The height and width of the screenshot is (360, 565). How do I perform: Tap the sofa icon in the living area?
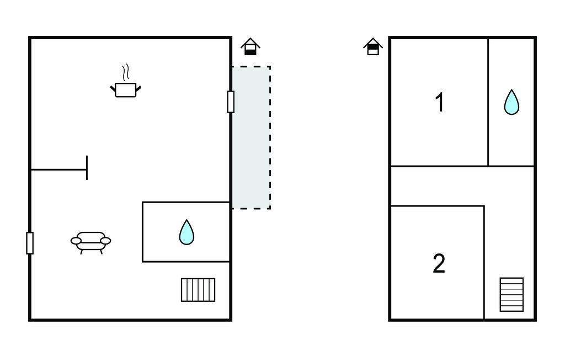coord(91,241)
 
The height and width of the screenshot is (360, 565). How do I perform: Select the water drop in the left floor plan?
coord(186,232)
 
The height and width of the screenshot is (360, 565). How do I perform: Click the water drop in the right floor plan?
coord(511,102)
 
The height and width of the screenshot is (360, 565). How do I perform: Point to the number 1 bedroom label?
coord(439,103)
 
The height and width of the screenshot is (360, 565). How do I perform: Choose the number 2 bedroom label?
coord(439,264)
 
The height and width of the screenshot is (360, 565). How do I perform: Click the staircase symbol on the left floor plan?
coord(198,290)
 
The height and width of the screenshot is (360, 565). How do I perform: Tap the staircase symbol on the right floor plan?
coord(511,294)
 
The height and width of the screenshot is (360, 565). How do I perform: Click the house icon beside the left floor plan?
coord(250,46)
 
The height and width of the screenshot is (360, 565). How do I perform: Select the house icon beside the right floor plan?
coord(373,46)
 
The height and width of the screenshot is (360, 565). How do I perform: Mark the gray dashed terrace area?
coord(251,138)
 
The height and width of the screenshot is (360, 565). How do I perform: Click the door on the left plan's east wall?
coord(231,102)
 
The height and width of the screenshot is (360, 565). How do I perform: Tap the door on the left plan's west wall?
coord(30,243)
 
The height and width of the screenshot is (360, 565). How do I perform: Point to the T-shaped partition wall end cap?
coord(87,168)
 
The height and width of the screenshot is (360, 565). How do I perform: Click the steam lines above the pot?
coord(126,72)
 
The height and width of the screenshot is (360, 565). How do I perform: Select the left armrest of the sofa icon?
coord(76,241)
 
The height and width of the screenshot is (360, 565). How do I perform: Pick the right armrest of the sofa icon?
coord(105,241)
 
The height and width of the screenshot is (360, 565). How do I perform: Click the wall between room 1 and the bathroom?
coord(488,102)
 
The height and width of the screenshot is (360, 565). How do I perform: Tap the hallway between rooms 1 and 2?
coord(436,186)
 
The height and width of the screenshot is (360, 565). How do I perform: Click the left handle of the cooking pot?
coord(113,87)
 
